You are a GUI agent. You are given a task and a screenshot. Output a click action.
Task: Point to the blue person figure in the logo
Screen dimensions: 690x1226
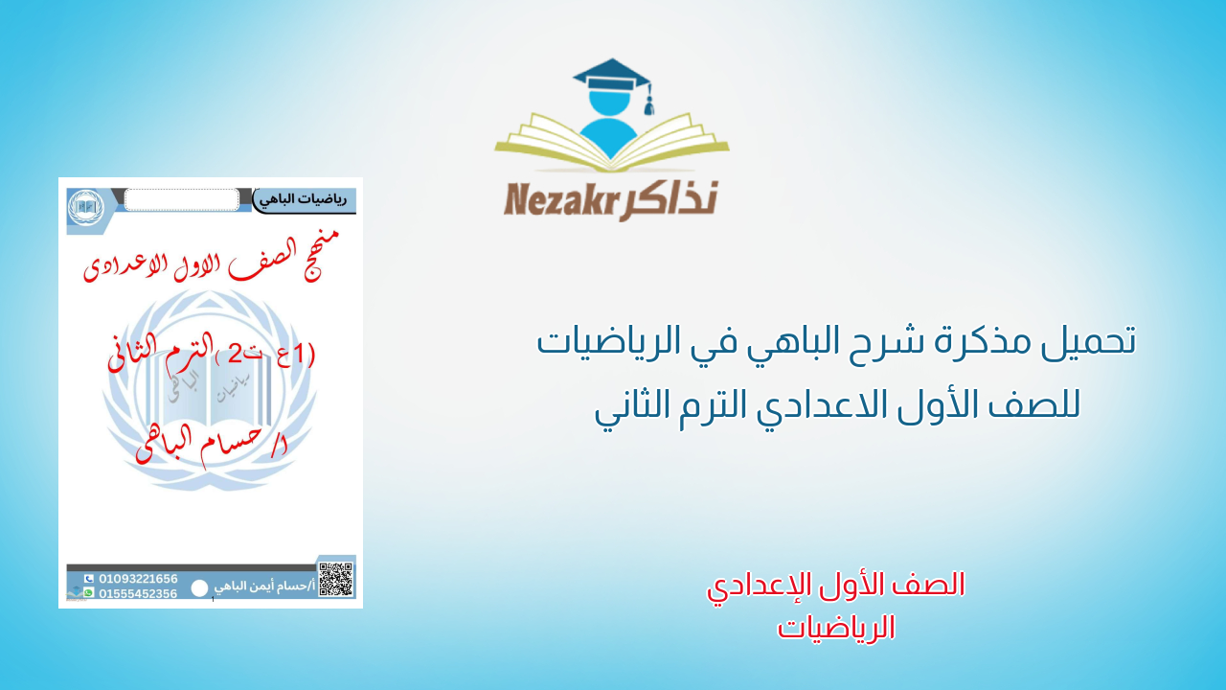click(x=612, y=125)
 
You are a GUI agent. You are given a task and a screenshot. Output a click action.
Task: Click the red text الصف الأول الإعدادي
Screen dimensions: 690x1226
click(x=835, y=586)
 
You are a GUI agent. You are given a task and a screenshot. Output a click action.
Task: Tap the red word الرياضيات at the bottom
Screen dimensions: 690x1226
click(x=836, y=628)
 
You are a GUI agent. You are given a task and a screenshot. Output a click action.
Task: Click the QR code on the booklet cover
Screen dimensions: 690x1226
click(x=335, y=579)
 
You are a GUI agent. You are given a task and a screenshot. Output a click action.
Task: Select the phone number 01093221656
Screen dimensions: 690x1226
click(x=138, y=579)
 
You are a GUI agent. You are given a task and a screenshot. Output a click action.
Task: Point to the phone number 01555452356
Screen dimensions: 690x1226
click(x=138, y=593)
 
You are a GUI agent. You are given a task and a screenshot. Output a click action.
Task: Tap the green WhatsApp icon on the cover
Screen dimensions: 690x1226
click(x=89, y=593)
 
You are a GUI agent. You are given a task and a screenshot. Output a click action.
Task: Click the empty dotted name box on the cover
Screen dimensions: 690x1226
click(x=181, y=199)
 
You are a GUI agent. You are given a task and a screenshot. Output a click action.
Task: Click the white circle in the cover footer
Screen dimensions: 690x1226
click(x=199, y=588)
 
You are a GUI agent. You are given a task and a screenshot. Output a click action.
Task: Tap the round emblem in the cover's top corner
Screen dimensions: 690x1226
click(x=86, y=207)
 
